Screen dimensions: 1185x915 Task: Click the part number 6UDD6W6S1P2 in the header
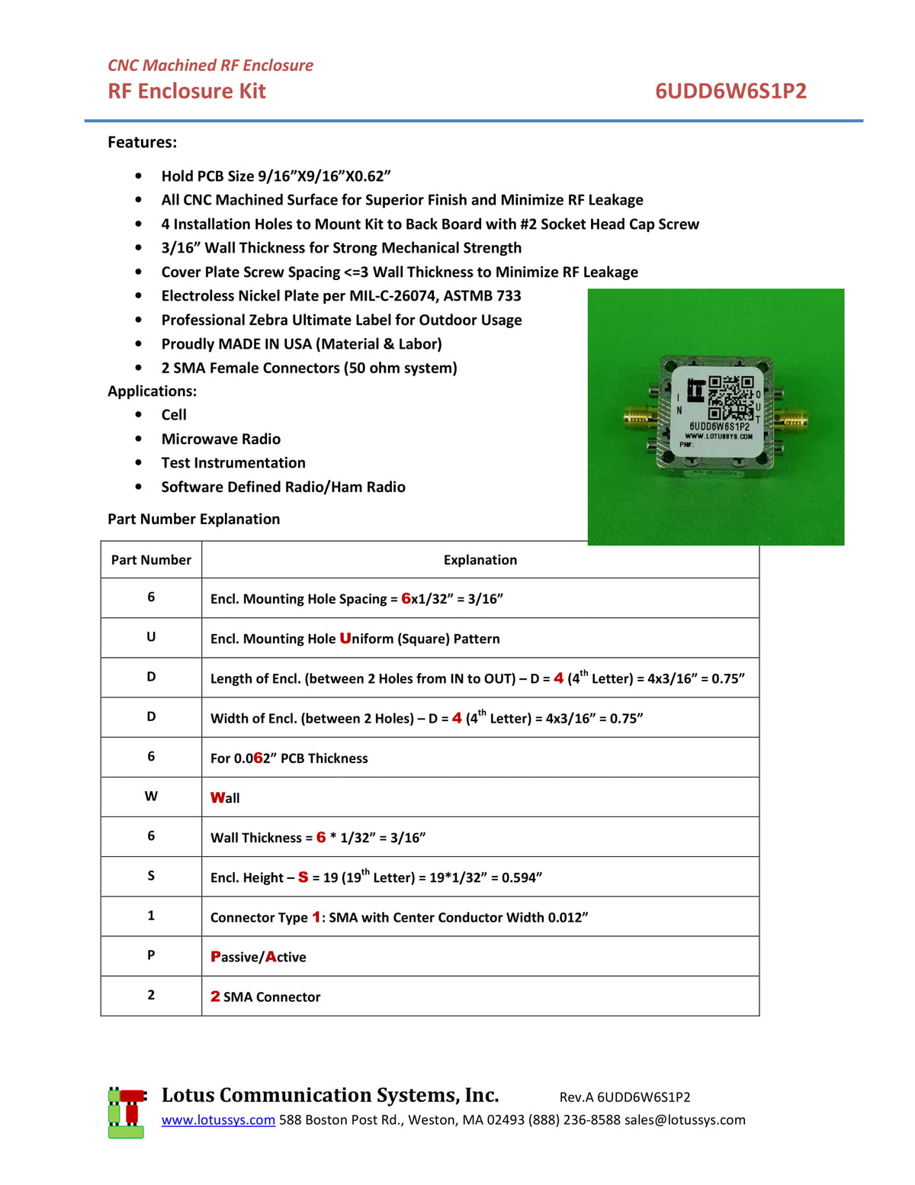[730, 92]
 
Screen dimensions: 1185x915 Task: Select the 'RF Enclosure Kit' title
[187, 92]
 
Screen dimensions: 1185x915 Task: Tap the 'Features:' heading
[142, 143]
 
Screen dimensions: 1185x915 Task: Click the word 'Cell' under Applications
[174, 415]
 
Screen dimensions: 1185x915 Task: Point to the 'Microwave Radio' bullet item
[221, 439]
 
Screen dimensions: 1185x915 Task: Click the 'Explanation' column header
[480, 560]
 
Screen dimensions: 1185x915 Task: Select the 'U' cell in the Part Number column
[151, 637]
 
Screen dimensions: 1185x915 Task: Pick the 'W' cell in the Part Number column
[151, 797]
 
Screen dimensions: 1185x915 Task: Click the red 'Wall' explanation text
[225, 797]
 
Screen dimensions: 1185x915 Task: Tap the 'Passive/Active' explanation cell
[258, 957]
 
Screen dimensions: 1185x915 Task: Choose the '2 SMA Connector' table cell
[265, 997]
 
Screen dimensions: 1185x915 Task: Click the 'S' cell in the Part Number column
[151, 876]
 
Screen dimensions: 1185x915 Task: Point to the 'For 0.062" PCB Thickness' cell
[289, 758]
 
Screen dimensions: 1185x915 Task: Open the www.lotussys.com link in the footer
[218, 1120]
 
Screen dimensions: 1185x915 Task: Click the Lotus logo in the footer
[127, 1113]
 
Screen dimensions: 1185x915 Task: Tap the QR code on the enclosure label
[730, 396]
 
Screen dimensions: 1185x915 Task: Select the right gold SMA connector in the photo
[793, 419]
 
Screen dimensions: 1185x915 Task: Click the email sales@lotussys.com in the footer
[685, 1120]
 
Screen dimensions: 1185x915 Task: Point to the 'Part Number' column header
[151, 560]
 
